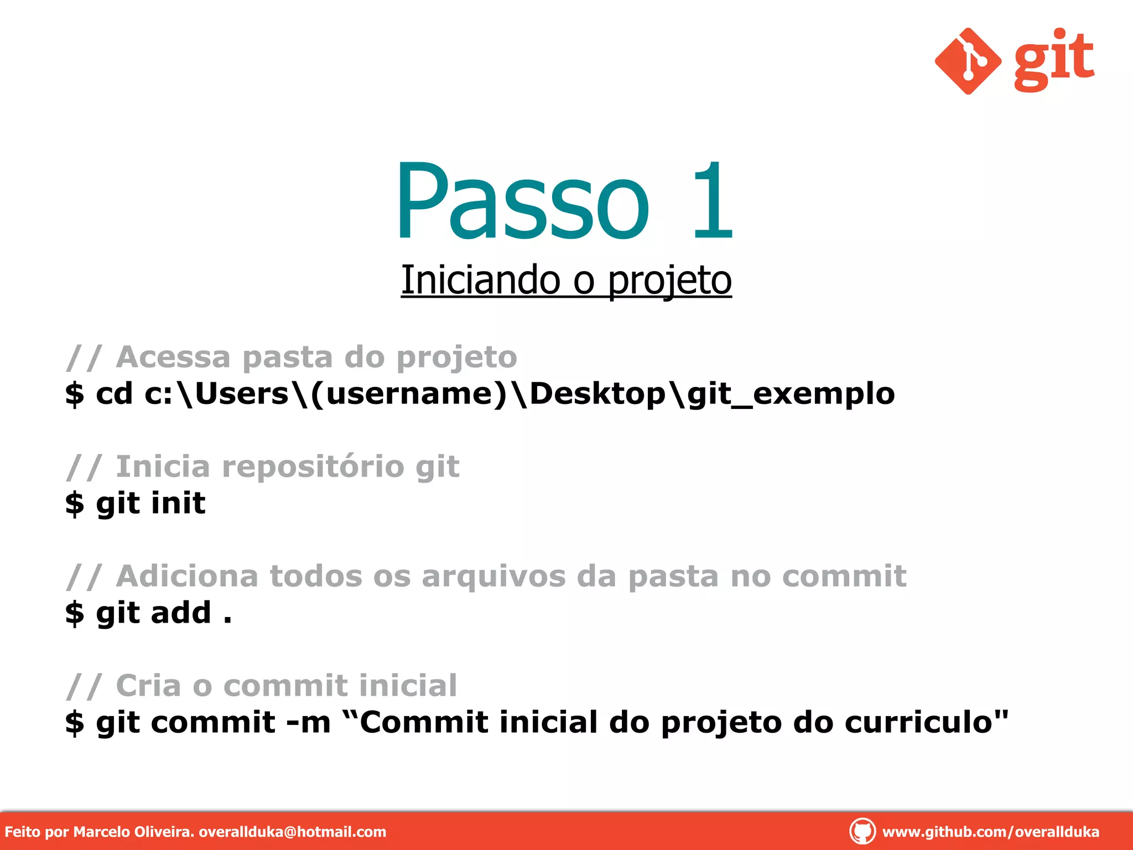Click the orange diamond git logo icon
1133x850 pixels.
tap(968, 61)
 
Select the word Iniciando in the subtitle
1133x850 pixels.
tap(480, 280)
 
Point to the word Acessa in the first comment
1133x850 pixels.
tap(173, 357)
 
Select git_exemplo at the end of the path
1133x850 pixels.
tap(791, 394)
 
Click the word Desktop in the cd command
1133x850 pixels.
tap(597, 394)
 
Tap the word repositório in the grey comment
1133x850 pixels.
tap(313, 467)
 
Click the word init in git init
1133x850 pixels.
tap(178, 503)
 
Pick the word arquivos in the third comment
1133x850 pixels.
tap(493, 576)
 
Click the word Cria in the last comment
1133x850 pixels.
tap(148, 686)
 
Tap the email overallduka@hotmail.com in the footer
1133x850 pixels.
tap(292, 832)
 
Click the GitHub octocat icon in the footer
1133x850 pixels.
tap(862, 831)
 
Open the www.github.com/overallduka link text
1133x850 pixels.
tap(990, 832)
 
